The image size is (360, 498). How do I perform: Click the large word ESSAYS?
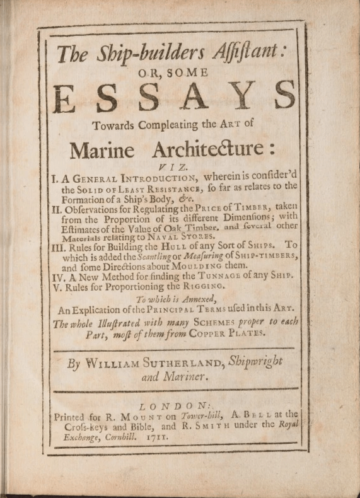(175, 95)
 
